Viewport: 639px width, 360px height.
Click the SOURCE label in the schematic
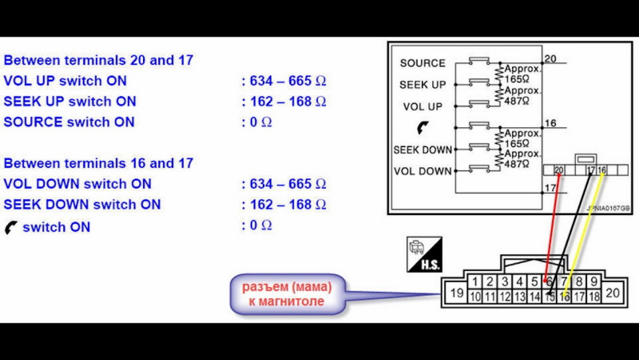[422, 63]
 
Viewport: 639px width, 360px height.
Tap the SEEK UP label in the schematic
[422, 85]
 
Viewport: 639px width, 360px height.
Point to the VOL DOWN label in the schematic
[422, 171]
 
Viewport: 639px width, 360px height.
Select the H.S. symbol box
[421, 254]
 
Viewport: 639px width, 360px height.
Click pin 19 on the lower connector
[456, 293]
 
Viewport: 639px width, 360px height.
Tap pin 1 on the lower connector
[474, 282]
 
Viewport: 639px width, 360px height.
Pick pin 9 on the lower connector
[594, 282]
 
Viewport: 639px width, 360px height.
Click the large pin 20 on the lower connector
[612, 293]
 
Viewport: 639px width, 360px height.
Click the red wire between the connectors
[551, 226]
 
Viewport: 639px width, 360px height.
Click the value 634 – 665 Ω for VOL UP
[284, 81]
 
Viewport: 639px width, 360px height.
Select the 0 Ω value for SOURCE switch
[257, 122]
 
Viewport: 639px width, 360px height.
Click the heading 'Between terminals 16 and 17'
[98, 163]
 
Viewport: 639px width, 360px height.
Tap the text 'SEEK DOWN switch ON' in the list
[82, 204]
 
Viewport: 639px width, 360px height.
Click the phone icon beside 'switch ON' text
[11, 227]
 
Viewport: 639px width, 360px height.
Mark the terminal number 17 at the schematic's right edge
[550, 188]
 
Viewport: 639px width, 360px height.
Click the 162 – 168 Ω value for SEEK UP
[284, 102]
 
